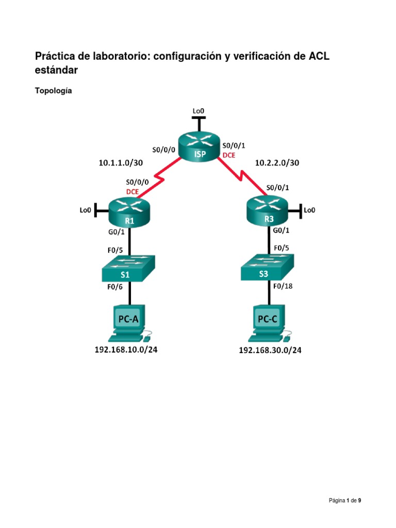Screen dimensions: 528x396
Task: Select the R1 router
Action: pyautogui.click(x=129, y=212)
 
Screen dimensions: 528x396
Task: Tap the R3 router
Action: pyautogui.click(x=269, y=212)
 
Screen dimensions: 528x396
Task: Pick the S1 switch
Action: pyautogui.click(x=129, y=269)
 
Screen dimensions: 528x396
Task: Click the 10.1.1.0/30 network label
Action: pyautogui.click(x=121, y=163)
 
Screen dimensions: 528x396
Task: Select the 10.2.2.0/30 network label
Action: pyautogui.click(x=277, y=163)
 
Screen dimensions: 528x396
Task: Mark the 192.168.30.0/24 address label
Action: pyautogui.click(x=270, y=351)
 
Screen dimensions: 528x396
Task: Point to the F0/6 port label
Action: pyautogui.click(x=114, y=288)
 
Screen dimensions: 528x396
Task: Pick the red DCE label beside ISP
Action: pyautogui.click(x=229, y=155)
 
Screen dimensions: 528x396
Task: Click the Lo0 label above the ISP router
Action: pyautogui.click(x=198, y=110)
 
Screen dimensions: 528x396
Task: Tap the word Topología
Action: pyautogui.click(x=53, y=91)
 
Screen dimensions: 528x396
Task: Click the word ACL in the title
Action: pyautogui.click(x=319, y=56)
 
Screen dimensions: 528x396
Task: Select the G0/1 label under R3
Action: pyautogui.click(x=281, y=232)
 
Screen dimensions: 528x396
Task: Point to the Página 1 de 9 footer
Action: pyautogui.click(x=345, y=500)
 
